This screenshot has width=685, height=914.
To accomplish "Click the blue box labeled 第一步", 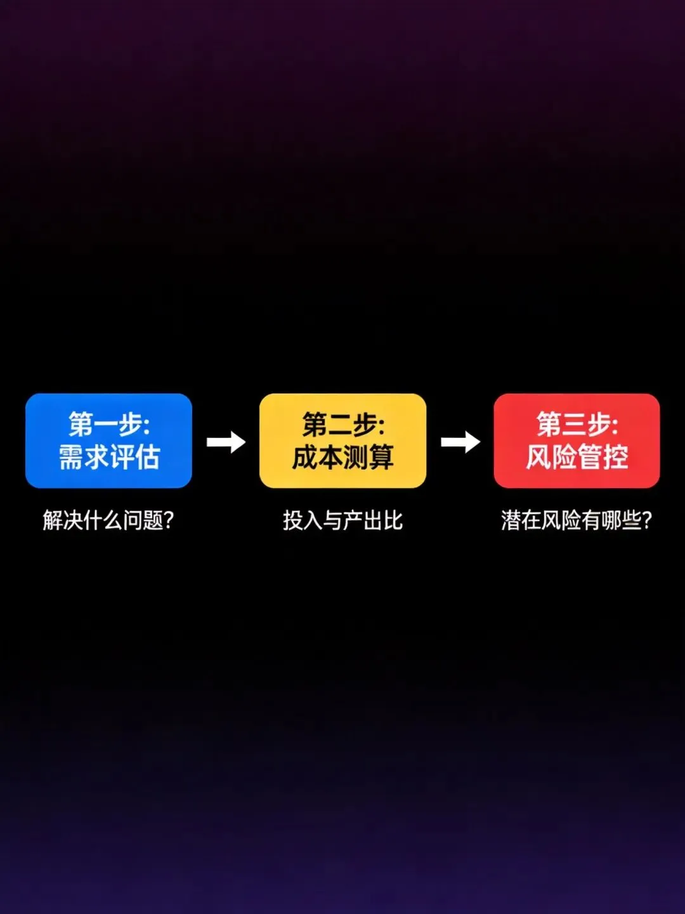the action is tap(108, 440).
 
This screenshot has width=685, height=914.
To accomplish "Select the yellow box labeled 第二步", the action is tap(342, 440).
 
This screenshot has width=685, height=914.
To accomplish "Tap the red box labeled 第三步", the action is tap(577, 440).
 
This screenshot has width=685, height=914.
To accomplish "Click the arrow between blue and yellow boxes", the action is tap(226, 442).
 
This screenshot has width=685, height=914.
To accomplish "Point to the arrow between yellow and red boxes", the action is tap(460, 442).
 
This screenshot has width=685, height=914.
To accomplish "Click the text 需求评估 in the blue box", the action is tap(108, 457).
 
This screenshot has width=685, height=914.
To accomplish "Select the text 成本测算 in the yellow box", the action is tap(342, 457).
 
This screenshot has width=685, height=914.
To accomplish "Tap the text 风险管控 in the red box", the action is tap(577, 457).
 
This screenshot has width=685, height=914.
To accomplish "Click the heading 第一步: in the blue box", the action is tap(108, 424).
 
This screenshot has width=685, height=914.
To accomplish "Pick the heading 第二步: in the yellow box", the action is tap(342, 424).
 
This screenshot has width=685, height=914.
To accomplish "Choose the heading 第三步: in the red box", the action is tap(577, 424).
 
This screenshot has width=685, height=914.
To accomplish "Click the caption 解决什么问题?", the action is tap(108, 520).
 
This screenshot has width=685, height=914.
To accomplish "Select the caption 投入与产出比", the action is tap(342, 520).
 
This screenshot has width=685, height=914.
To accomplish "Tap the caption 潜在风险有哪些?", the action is tap(576, 520).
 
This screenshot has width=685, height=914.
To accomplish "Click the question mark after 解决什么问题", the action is tap(168, 520).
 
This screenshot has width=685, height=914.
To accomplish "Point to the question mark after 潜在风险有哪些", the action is tap(646, 520).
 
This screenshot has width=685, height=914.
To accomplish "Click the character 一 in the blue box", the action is tap(107, 425).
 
